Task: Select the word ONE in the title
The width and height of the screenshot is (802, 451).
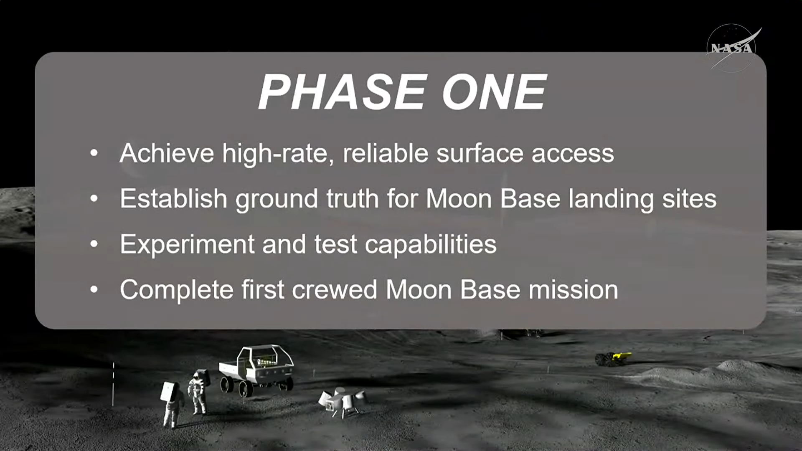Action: (494, 92)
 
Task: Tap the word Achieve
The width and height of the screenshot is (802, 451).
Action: (167, 153)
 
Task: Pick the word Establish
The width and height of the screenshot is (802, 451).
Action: (173, 198)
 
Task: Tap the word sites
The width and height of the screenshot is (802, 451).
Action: (689, 198)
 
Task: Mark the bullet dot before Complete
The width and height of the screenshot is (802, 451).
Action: (94, 289)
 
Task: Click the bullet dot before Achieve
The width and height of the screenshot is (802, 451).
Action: (94, 153)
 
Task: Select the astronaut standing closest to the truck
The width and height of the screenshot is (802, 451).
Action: (198, 391)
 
